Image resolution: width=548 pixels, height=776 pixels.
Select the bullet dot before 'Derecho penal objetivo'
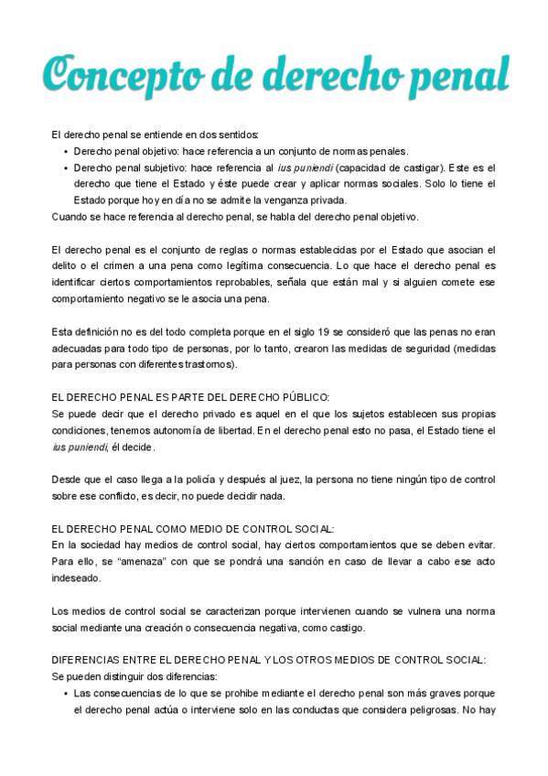[66, 152]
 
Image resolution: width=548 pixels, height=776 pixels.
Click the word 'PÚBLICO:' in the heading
[300, 397]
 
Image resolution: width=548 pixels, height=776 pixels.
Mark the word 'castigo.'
[346, 628]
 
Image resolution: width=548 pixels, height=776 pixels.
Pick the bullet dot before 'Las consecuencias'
[66, 694]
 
